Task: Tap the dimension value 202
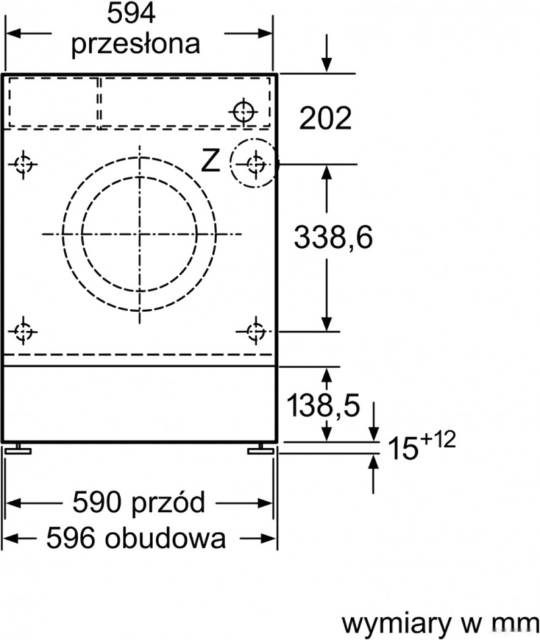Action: tap(325, 119)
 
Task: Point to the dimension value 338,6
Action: tap(333, 238)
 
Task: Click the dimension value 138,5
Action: tap(323, 406)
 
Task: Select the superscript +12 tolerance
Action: tap(438, 440)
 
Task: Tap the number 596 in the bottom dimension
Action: tap(69, 539)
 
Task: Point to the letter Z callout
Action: tap(211, 161)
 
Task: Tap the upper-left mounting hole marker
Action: tap(24, 163)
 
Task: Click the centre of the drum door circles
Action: tap(139, 234)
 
